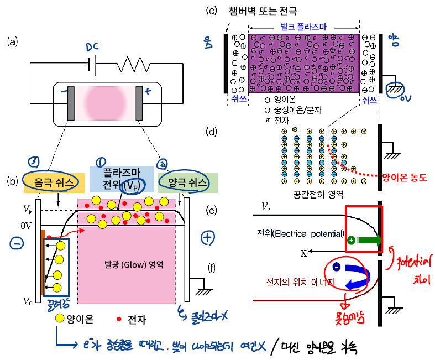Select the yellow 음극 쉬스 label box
54,182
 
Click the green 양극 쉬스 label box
187,182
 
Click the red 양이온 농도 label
406,177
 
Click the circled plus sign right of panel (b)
208,237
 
